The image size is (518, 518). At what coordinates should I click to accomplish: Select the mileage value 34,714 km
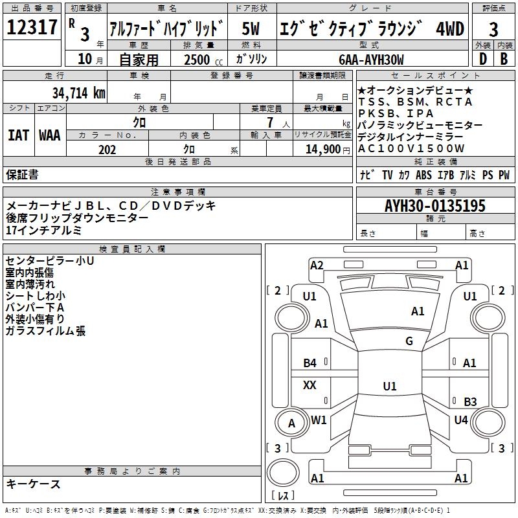78,93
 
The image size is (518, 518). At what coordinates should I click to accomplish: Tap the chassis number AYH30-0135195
434,206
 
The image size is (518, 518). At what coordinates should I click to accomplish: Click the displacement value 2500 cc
200,60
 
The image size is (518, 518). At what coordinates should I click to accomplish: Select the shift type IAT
18,135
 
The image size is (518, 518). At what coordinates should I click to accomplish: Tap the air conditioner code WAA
50,135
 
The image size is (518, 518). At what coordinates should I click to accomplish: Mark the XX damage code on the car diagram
310,385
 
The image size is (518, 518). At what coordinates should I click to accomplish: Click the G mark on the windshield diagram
409,341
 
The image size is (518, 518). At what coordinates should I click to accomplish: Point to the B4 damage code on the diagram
310,363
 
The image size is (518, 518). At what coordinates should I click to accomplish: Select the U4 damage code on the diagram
461,420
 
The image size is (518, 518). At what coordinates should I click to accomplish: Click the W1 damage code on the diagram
319,420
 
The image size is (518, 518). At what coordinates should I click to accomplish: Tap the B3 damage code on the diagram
470,401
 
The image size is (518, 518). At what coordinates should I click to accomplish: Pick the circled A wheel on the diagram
291,423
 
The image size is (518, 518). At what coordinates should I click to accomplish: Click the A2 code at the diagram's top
317,265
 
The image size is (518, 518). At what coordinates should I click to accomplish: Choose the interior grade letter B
504,59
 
